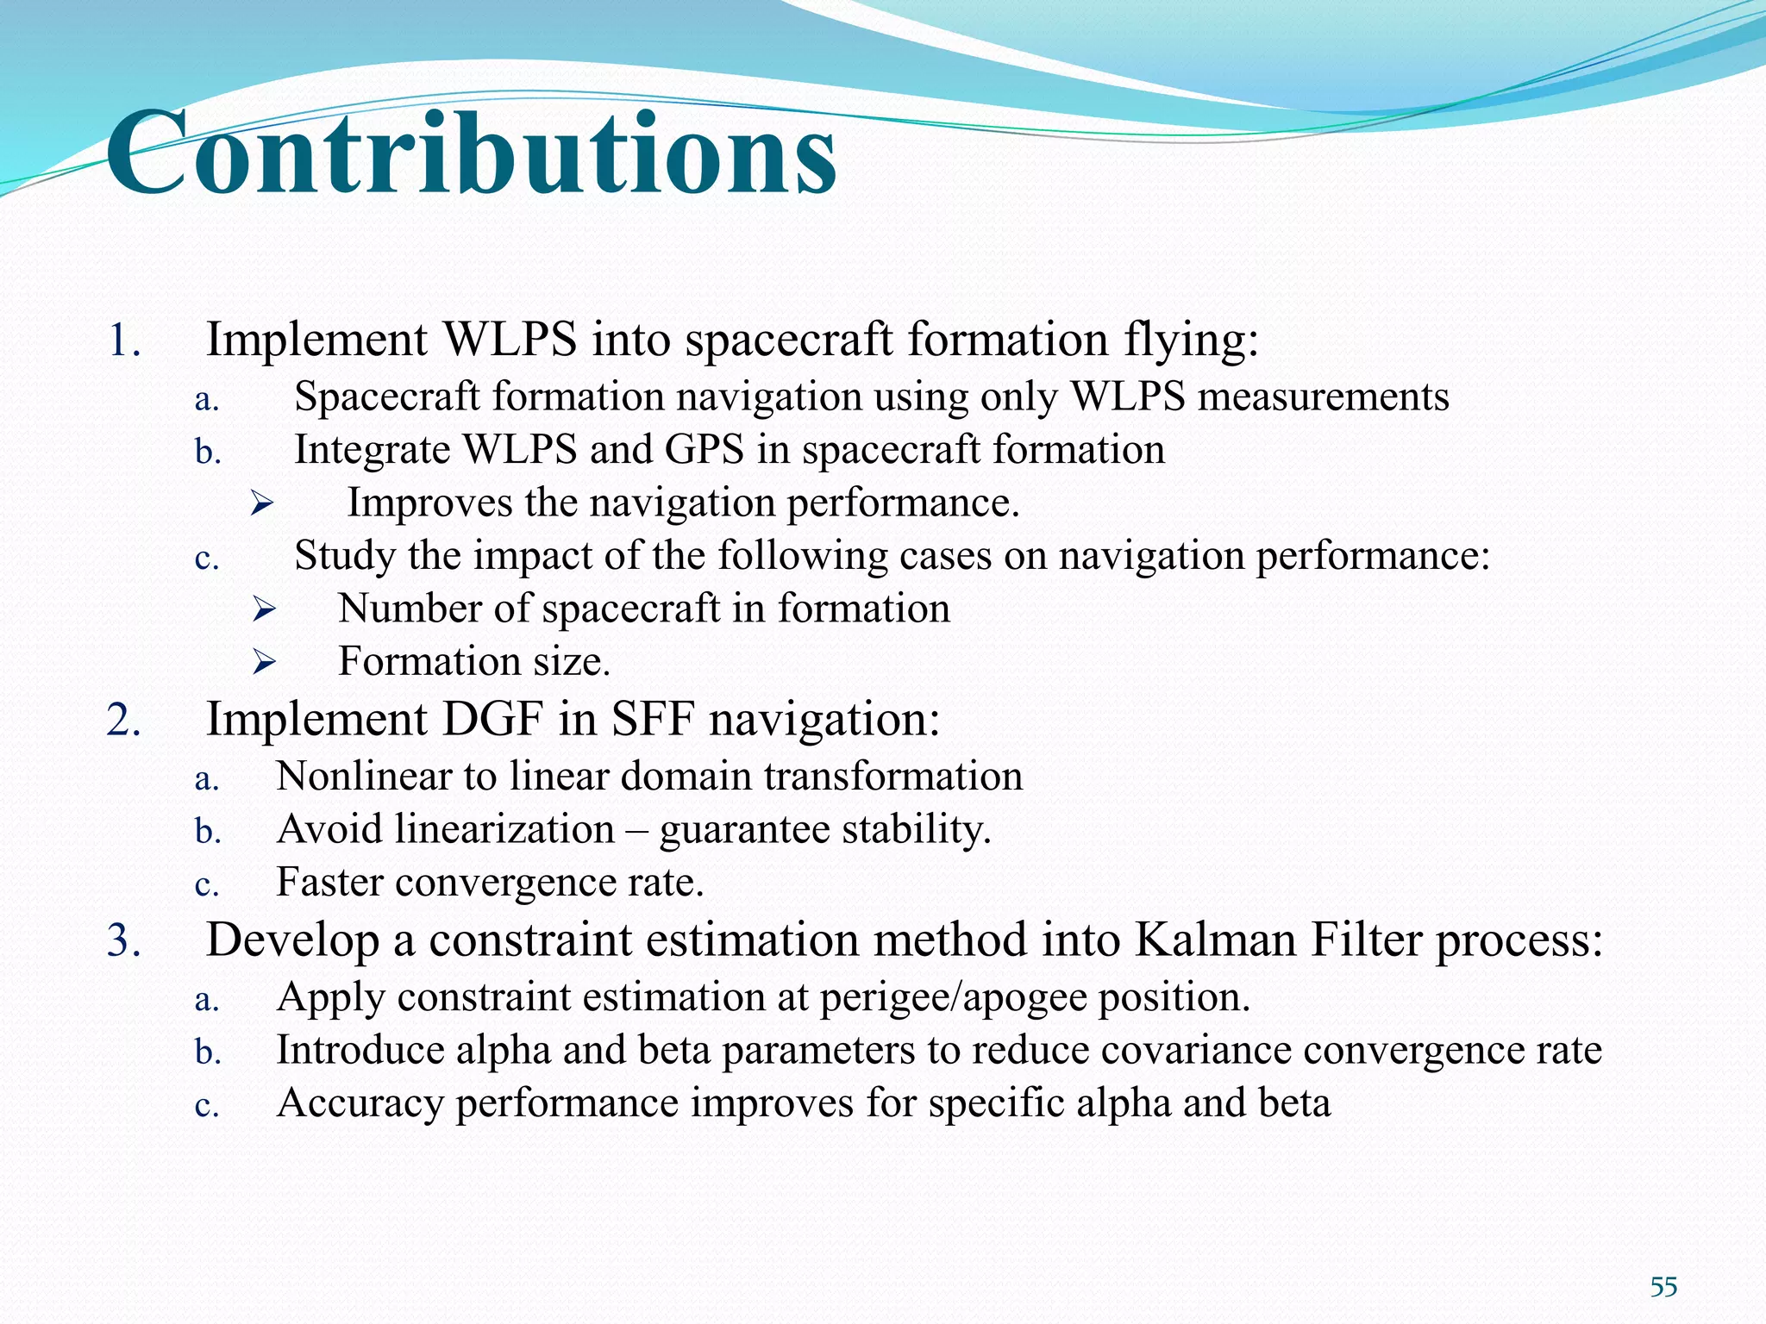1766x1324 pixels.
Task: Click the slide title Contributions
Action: pyautogui.click(x=471, y=153)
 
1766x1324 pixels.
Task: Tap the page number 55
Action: pyautogui.click(x=1663, y=1288)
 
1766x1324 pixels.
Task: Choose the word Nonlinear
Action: pyautogui.click(x=363, y=776)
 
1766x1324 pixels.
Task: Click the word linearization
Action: pyautogui.click(x=504, y=829)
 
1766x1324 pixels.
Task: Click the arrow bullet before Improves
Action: pyautogui.click(x=262, y=503)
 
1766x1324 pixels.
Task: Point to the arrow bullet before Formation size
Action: pyautogui.click(x=262, y=662)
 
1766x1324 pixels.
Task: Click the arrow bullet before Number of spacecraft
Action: pyautogui.click(x=262, y=609)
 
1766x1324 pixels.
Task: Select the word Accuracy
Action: pyautogui.click(x=360, y=1104)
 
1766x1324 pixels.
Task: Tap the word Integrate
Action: pyautogui.click(x=372, y=450)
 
